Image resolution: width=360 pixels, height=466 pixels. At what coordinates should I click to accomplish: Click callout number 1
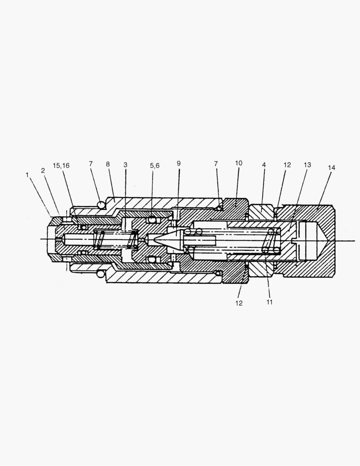pyautogui.click(x=27, y=175)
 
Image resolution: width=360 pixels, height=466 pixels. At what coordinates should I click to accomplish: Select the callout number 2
pyautogui.click(x=43, y=170)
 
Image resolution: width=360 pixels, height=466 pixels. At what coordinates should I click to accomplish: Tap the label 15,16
pyautogui.click(x=61, y=166)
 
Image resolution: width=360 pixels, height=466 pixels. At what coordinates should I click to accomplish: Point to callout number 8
pyautogui.click(x=108, y=164)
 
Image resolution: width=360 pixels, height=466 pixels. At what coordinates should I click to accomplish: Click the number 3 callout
pyautogui.click(x=125, y=165)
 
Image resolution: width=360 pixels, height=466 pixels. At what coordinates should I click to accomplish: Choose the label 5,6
pyautogui.click(x=155, y=166)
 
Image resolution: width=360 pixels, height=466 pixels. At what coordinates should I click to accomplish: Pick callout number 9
pyautogui.click(x=178, y=163)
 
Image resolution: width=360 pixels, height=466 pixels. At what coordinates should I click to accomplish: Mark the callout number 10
pyautogui.click(x=239, y=163)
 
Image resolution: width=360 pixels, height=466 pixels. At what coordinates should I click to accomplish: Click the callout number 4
pyautogui.click(x=263, y=165)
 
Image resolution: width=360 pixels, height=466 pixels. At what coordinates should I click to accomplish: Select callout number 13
pyautogui.click(x=307, y=165)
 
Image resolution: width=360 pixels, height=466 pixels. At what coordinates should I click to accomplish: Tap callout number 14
pyautogui.click(x=331, y=167)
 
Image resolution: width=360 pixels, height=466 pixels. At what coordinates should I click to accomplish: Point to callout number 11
pyautogui.click(x=269, y=302)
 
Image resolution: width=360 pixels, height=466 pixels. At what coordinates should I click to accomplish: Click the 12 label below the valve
pyautogui.click(x=239, y=303)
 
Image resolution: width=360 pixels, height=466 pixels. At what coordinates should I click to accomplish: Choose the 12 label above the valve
pyautogui.click(x=287, y=165)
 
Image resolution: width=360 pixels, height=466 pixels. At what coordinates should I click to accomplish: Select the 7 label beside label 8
pyautogui.click(x=91, y=164)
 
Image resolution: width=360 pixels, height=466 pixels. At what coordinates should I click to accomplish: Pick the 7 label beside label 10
pyautogui.click(x=216, y=164)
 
